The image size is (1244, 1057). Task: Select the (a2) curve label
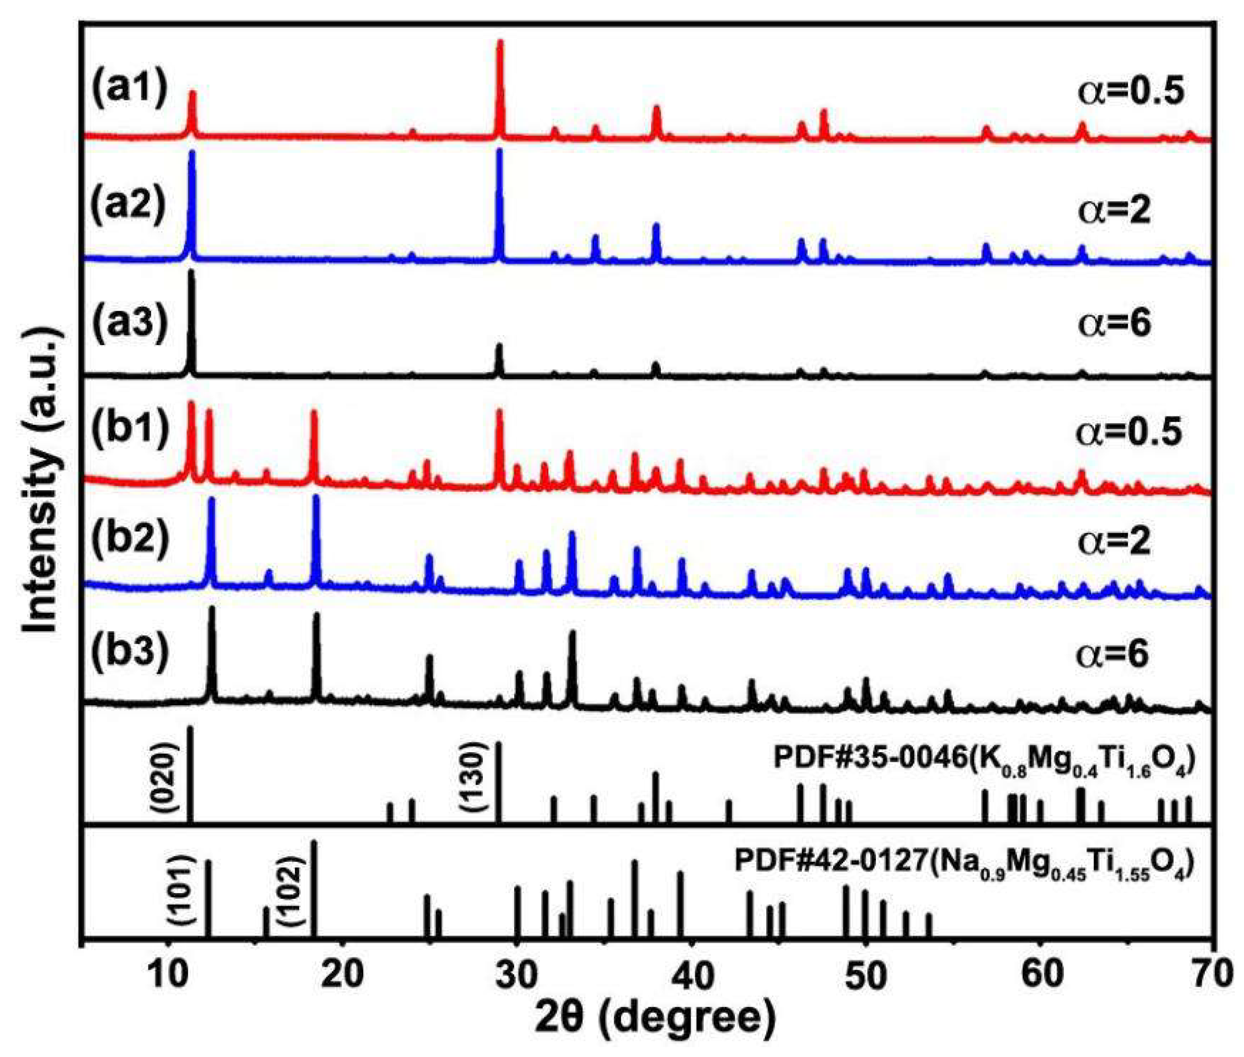[128, 205]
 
